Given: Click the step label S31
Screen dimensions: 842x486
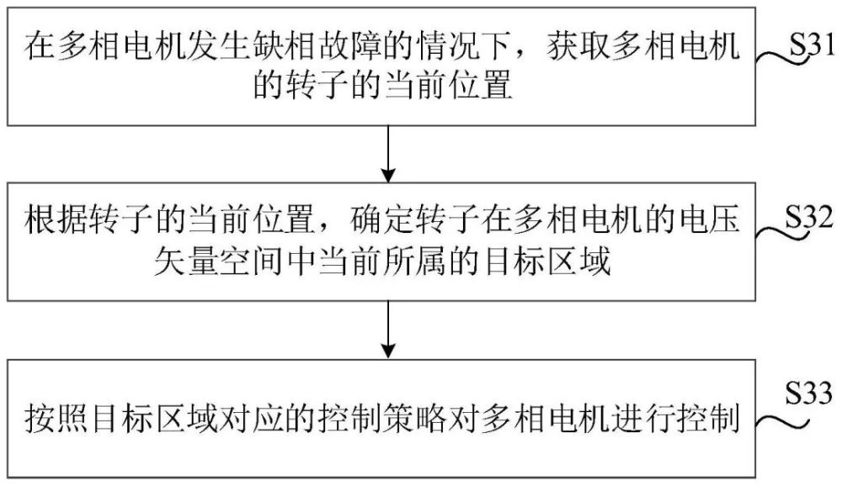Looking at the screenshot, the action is (x=812, y=45).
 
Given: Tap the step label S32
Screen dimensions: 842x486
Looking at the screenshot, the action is (x=809, y=219).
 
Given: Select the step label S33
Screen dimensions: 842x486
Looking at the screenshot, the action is (x=809, y=393).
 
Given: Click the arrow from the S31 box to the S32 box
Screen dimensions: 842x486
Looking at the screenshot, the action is (x=388, y=154).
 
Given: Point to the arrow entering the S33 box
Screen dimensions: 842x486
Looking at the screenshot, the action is (x=388, y=329).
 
